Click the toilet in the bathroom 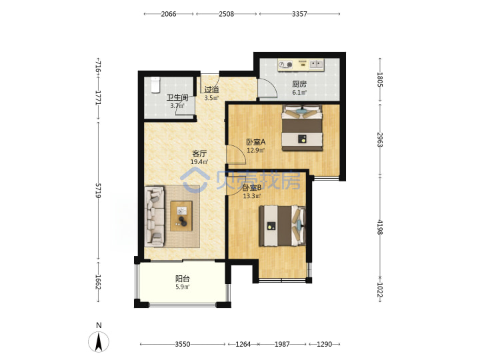(155, 85)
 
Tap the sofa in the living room (154, 217)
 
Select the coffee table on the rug (181, 216)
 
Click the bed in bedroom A (303, 127)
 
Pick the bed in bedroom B (282, 226)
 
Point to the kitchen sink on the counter (316, 65)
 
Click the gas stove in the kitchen (285, 65)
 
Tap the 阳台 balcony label (183, 279)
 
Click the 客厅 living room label (199, 153)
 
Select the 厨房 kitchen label (299, 84)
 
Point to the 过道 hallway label (211, 90)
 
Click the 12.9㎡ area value (256, 150)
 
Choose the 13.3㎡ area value (252, 196)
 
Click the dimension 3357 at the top (299, 14)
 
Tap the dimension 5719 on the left (98, 191)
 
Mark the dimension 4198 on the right (380, 227)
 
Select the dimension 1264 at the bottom (243, 344)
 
